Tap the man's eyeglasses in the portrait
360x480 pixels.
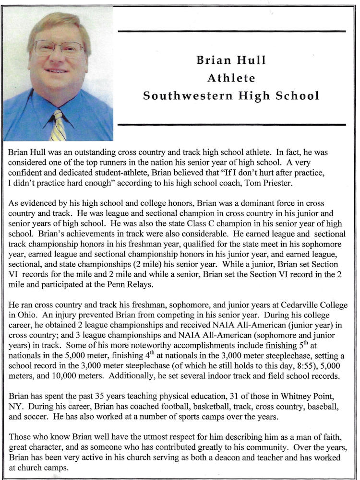59,48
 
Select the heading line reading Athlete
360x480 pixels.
231,78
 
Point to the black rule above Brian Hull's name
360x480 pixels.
231,31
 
